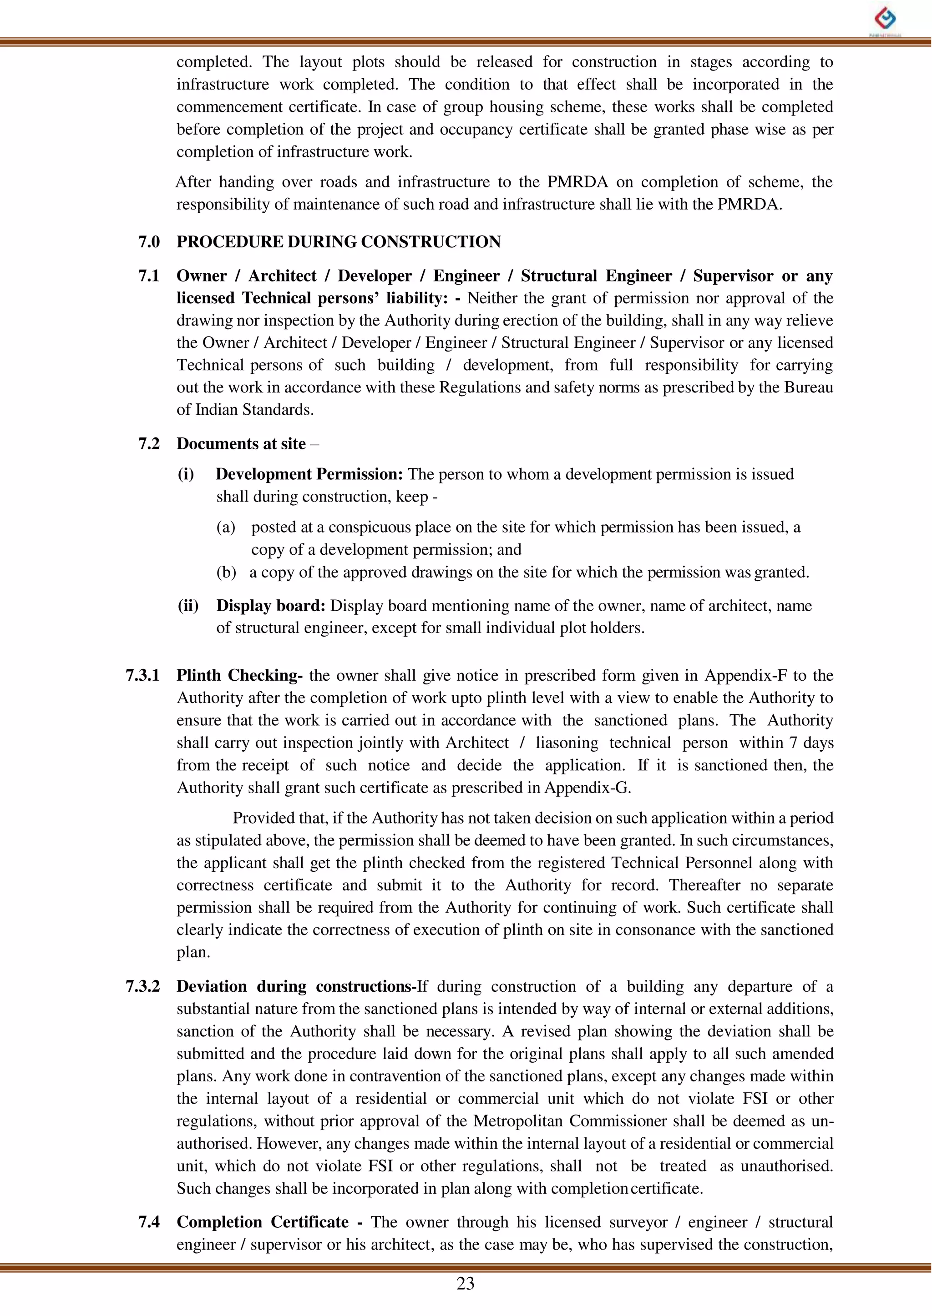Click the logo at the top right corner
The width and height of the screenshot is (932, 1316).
(x=886, y=20)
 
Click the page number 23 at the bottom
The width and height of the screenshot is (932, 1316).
(x=466, y=1283)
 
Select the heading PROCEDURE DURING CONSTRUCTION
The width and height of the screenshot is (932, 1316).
(x=338, y=242)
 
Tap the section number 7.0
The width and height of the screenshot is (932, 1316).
(x=149, y=242)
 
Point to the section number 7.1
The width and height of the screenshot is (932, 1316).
(x=149, y=276)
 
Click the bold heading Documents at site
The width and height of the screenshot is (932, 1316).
(x=241, y=444)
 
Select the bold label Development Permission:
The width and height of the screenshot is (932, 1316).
(x=309, y=474)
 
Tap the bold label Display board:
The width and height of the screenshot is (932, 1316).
(x=271, y=606)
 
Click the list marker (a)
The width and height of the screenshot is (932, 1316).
(x=226, y=527)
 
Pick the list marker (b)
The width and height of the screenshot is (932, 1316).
(x=226, y=572)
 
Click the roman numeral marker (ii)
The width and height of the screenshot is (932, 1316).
(x=187, y=606)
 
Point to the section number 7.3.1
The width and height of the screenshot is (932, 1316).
(x=142, y=675)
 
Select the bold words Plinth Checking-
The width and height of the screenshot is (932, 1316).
(x=239, y=675)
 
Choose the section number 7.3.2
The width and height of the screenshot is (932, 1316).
(x=142, y=987)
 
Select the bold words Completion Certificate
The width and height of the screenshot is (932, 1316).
(x=262, y=1222)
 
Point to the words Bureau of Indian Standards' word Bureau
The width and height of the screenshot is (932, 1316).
(x=808, y=387)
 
